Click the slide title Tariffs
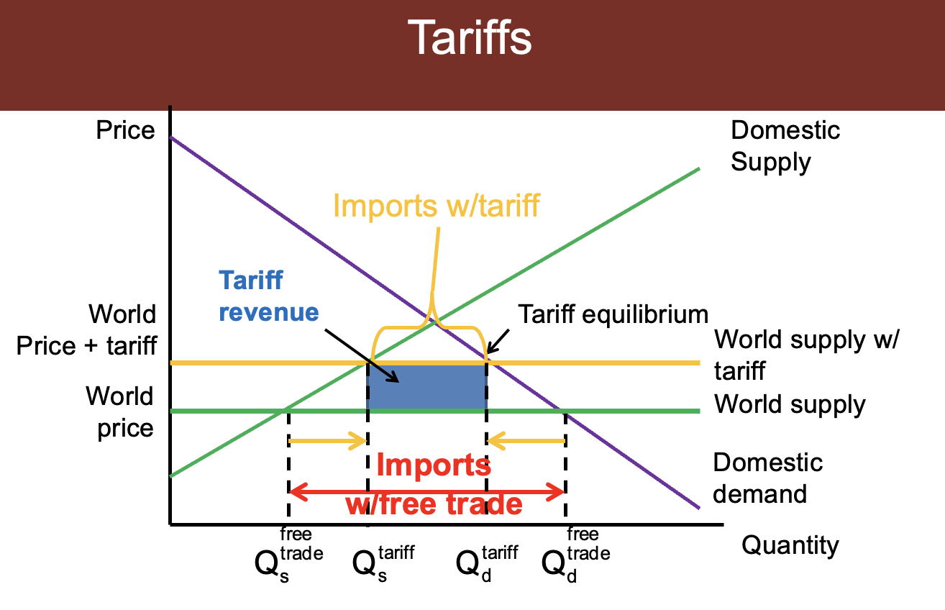470,39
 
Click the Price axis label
126,131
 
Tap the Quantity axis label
790,545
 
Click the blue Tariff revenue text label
268,296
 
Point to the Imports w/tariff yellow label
436,206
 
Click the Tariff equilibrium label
613,314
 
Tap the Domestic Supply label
785,146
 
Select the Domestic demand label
767,478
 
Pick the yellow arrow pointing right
328,441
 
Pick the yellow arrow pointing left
526,441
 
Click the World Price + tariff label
122,330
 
